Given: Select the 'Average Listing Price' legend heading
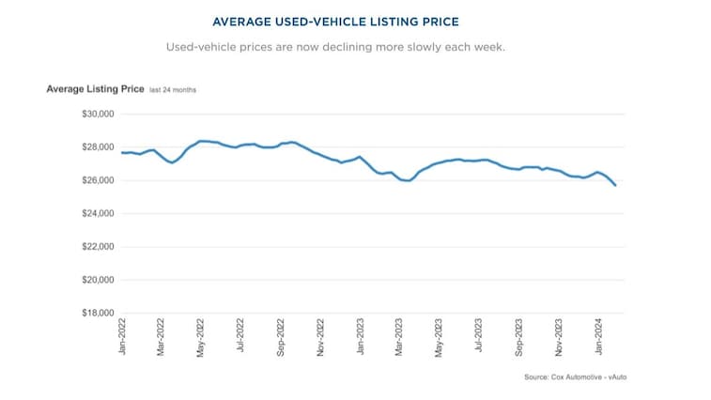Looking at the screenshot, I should tap(95, 89).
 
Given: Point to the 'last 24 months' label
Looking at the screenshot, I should tap(173, 90).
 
